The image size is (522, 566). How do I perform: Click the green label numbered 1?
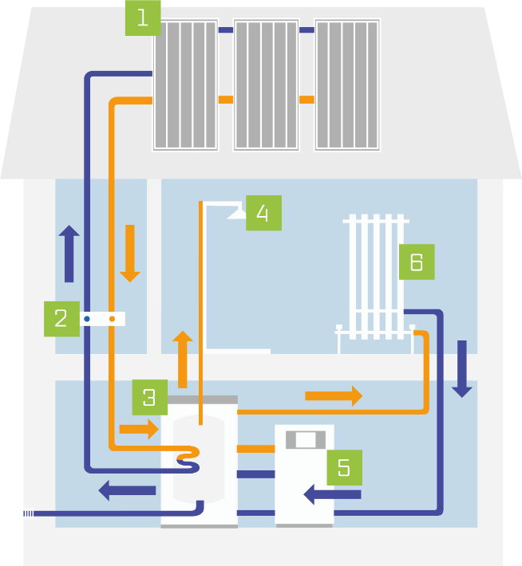pos(142,18)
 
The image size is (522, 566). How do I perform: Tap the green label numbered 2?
pos(61,319)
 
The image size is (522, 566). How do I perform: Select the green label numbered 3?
pos(150,397)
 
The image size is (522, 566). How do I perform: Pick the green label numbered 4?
pos(263,213)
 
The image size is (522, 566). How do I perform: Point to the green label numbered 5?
pos(344,467)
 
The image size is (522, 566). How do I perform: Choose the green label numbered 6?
pos(417,261)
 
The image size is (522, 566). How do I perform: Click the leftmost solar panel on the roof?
pos(185,85)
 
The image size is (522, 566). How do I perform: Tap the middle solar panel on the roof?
pos(266,85)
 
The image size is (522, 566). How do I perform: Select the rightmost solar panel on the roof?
pos(347,85)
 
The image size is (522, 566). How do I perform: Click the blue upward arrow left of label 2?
pos(69,254)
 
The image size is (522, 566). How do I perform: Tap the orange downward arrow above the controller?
pos(129,254)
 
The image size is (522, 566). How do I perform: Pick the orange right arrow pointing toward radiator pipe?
pos(334,395)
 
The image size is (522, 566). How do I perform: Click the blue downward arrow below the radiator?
pos(462,369)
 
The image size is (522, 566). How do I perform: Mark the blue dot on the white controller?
pos(86,320)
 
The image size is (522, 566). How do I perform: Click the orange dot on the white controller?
pos(112,320)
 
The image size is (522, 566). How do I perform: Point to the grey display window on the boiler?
pos(306,440)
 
